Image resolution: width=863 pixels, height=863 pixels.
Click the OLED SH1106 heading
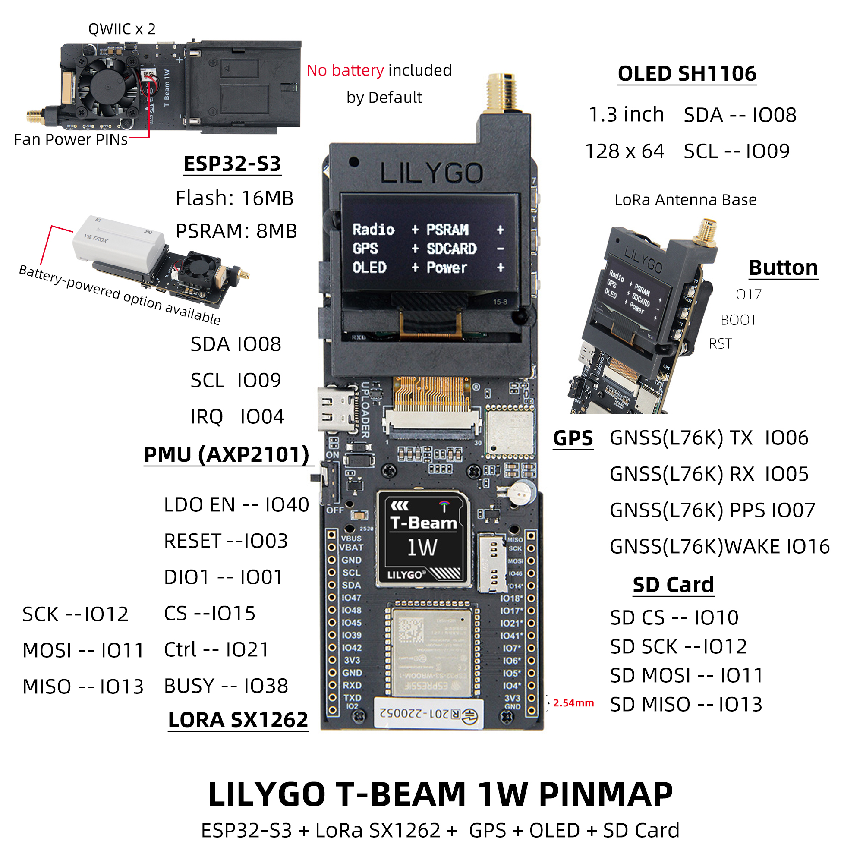tap(687, 74)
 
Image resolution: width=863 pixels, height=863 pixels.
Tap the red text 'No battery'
tap(345, 71)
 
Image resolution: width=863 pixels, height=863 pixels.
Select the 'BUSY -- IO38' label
tap(226, 686)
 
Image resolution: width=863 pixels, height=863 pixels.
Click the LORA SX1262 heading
tap(238, 720)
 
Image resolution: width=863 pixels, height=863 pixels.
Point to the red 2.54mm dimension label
tap(573, 703)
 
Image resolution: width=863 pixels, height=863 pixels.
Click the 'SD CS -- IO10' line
tap(674, 618)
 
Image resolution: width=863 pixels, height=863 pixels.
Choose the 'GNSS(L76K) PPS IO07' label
tap(712, 510)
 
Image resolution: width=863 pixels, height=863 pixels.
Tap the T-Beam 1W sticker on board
tap(423, 539)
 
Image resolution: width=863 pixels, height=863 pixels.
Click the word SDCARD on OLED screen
tap(451, 249)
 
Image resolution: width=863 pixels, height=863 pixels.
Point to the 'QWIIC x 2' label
tap(122, 29)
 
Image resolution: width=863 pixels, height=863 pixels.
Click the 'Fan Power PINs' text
tap(71, 139)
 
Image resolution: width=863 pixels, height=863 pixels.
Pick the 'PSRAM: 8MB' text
tap(236, 231)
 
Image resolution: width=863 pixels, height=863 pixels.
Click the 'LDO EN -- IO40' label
tap(236, 505)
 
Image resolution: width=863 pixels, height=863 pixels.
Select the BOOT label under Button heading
tap(738, 320)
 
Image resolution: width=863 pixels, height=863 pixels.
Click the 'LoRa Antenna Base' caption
tap(685, 200)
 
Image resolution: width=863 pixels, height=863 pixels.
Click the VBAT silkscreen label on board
tap(352, 548)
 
